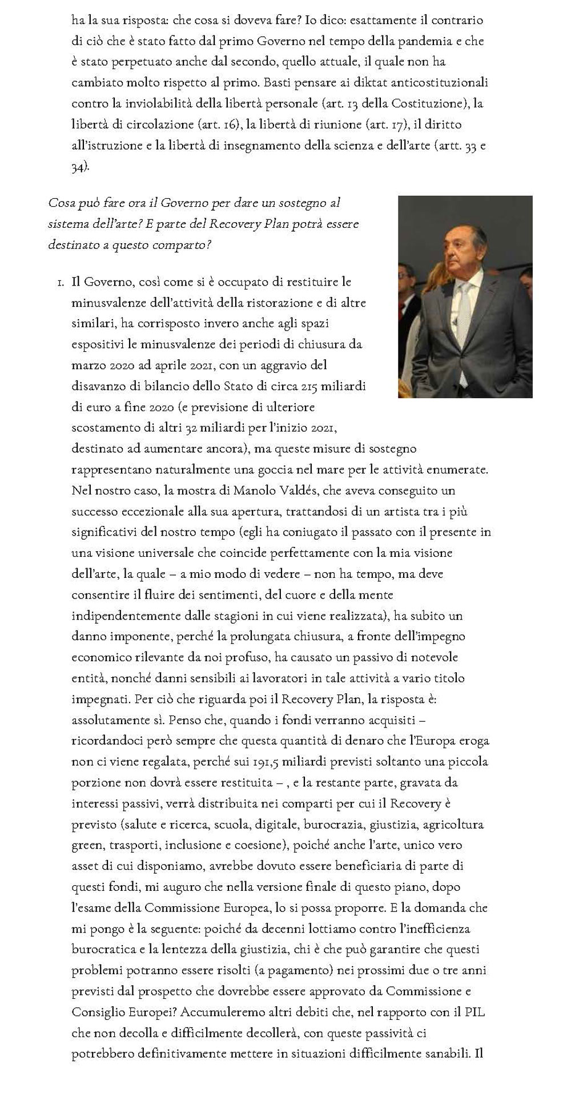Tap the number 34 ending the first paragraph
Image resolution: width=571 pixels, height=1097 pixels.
(79, 166)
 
